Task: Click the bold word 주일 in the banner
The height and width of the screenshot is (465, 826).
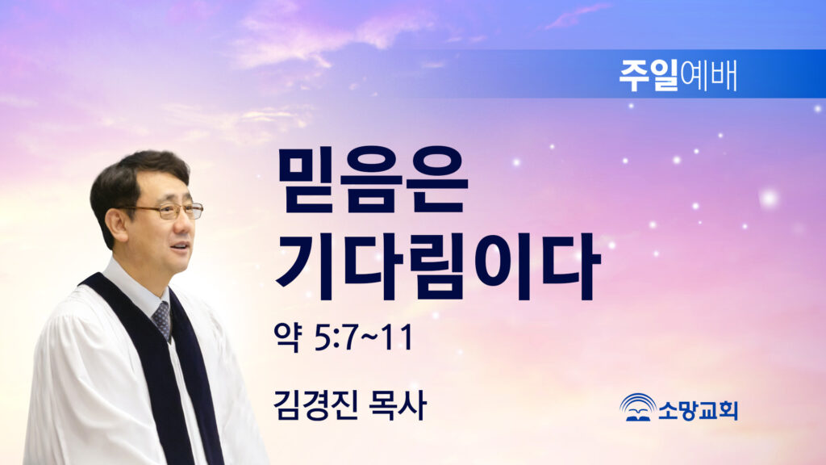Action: coord(649,75)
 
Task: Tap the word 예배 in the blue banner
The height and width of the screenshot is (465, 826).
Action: coord(708,75)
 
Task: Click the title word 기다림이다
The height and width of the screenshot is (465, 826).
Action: coord(437,266)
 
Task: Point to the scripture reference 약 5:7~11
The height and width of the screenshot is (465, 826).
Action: coord(344,337)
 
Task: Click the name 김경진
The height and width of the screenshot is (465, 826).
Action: coord(315,404)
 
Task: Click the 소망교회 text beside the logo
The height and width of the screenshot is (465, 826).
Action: coord(698,410)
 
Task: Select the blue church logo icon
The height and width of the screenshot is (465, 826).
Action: coord(637,408)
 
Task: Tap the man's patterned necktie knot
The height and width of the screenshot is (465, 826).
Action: coord(161,316)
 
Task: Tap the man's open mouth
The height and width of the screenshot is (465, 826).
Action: coord(180,247)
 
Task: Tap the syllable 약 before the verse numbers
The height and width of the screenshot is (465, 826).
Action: coord(288,337)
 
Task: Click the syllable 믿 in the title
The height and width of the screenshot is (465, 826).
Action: coord(310,181)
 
